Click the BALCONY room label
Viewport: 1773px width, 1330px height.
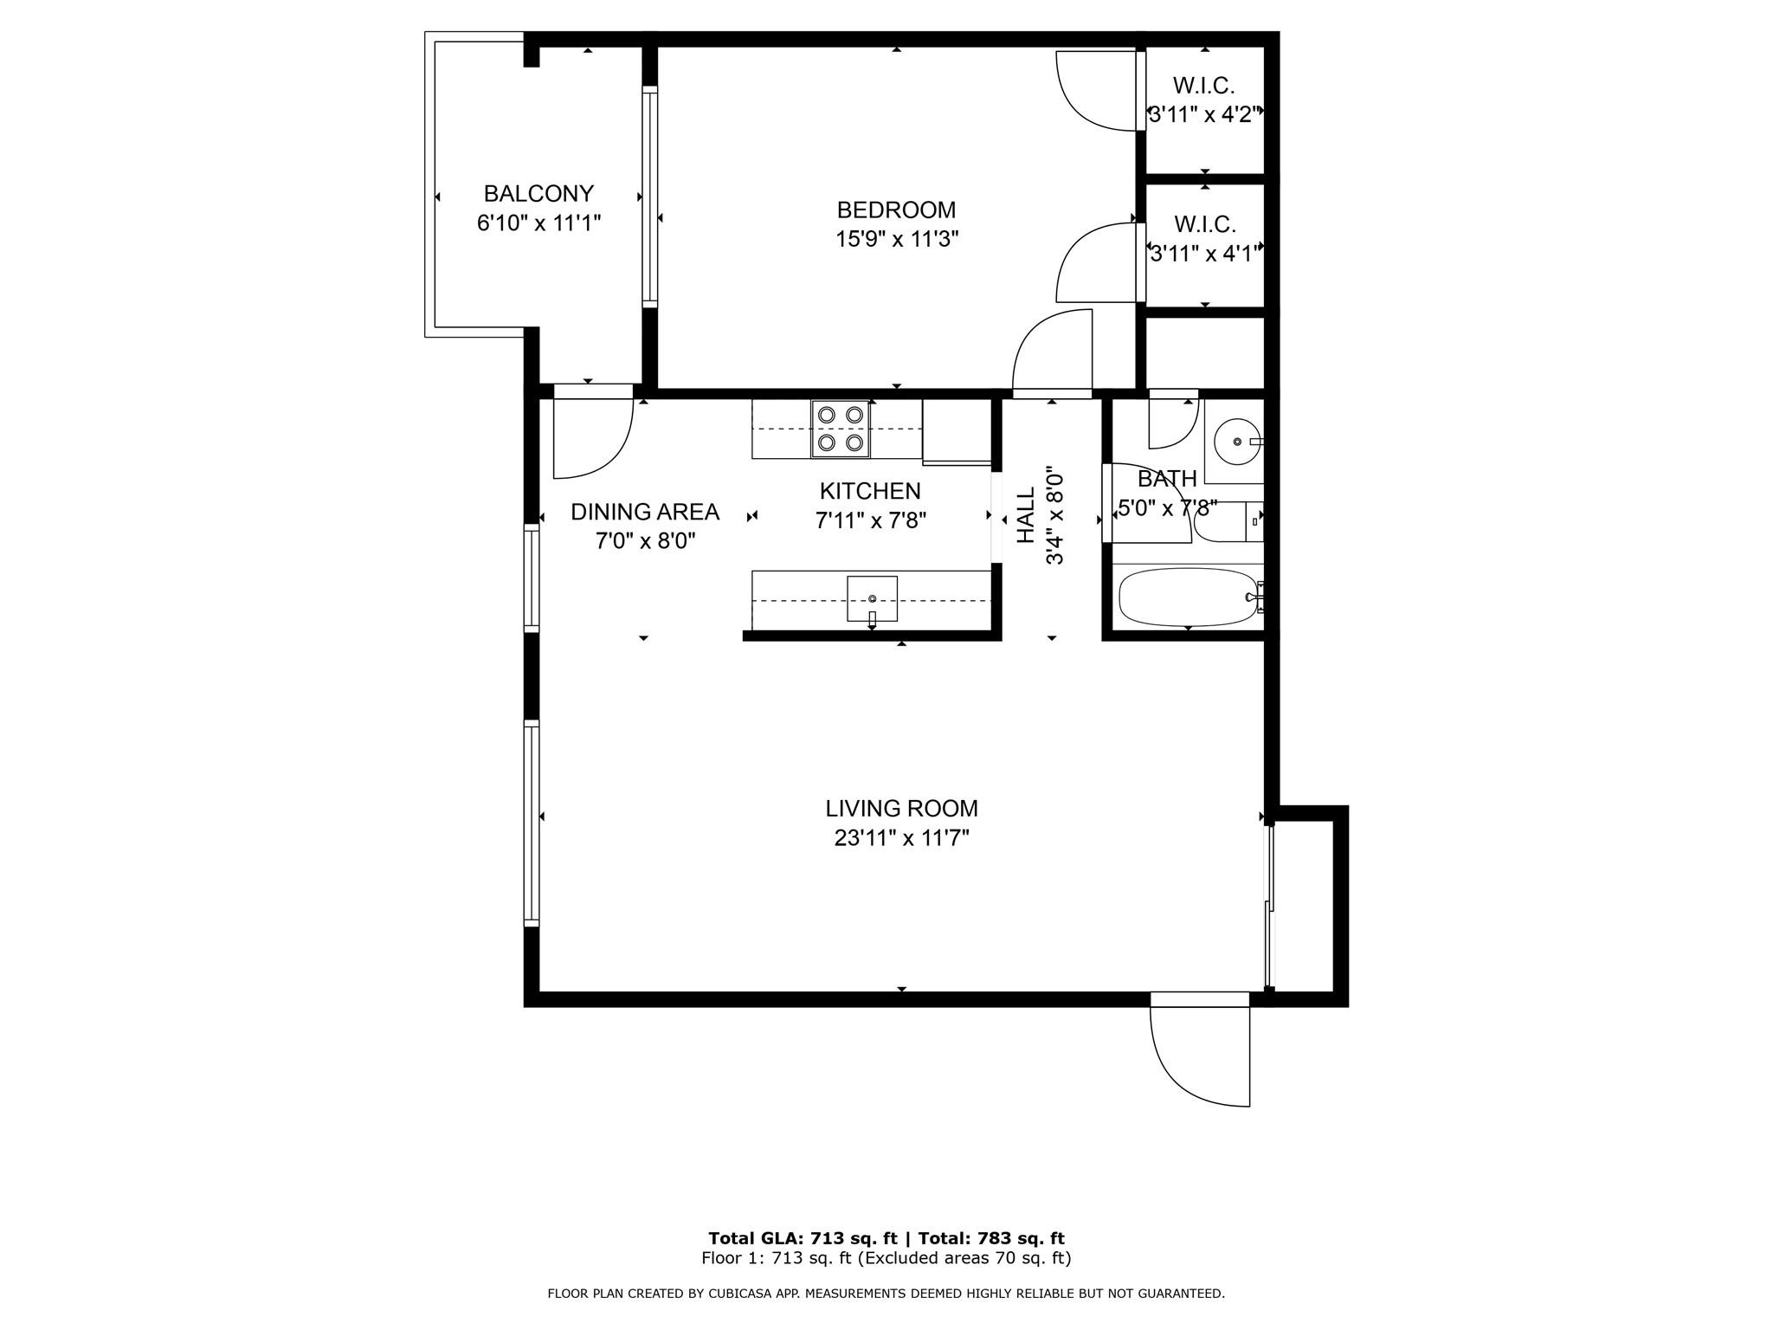[x=538, y=193]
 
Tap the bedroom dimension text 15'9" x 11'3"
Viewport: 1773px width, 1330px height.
[x=896, y=239]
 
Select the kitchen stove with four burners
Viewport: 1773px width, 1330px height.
[x=841, y=429]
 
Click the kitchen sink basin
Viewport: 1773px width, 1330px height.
[x=872, y=597]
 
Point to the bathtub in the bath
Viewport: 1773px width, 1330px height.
[x=1186, y=597]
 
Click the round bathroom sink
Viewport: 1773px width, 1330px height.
[x=1237, y=442]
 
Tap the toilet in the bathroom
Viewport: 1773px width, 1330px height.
[x=1225, y=522]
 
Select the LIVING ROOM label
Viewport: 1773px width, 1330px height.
[x=901, y=809]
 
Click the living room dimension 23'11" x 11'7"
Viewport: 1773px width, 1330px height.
[x=901, y=838]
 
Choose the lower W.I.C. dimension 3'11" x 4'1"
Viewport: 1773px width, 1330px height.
[x=1204, y=254]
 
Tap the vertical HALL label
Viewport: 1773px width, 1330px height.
[x=1026, y=515]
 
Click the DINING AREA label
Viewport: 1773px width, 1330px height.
[x=645, y=512]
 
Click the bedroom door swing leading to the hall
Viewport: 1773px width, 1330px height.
[x=1050, y=351]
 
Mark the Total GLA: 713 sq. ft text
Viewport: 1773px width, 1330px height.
[x=803, y=1238]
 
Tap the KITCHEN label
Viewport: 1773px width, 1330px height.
[x=870, y=491]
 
